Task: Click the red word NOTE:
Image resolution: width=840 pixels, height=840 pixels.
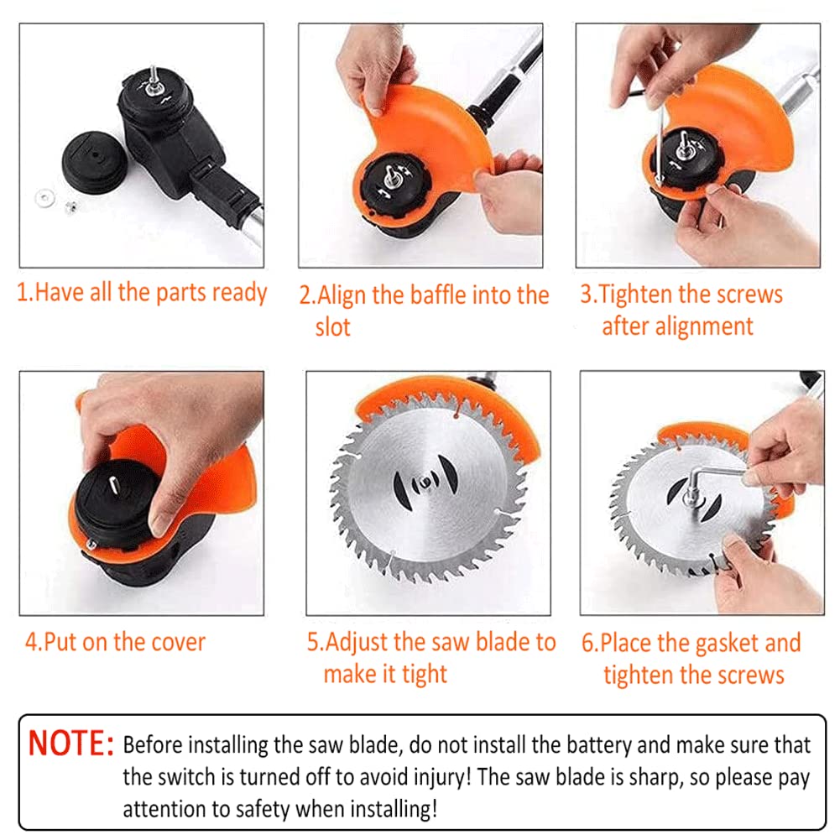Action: tap(70, 745)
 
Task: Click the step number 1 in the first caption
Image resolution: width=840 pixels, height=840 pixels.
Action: tap(23, 293)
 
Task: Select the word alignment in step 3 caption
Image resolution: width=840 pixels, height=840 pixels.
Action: tap(702, 326)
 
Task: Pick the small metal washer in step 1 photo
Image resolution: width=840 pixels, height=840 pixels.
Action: tap(42, 197)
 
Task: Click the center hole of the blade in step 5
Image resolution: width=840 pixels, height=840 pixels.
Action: tap(427, 483)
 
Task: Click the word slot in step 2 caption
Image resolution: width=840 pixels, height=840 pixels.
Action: tap(332, 326)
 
